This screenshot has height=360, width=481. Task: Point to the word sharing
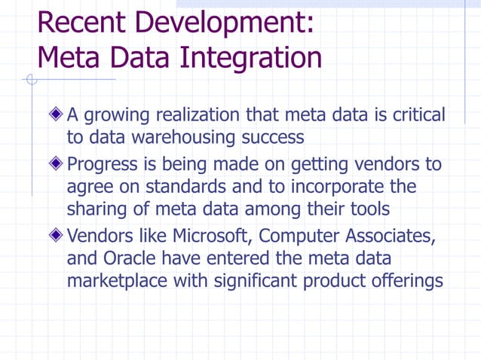96,209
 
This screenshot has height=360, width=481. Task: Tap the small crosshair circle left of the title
31,79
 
